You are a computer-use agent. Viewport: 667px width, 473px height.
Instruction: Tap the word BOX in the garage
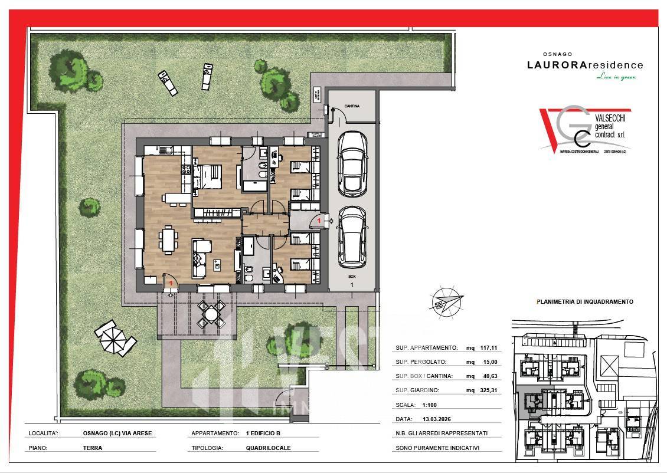352,275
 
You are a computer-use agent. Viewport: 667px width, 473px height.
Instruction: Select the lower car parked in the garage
352,236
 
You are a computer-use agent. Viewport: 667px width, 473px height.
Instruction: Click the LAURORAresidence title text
584,65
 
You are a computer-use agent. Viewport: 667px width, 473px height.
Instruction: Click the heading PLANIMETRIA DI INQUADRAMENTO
584,301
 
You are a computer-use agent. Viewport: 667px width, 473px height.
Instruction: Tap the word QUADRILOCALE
268,448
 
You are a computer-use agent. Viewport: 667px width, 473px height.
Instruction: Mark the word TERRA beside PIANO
93,448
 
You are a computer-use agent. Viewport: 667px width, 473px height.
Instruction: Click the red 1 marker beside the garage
319,220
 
